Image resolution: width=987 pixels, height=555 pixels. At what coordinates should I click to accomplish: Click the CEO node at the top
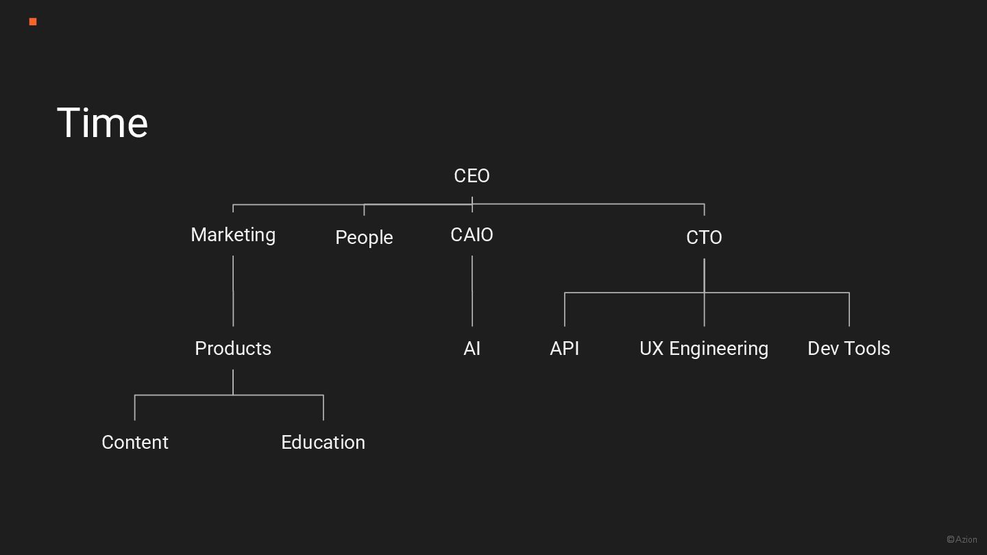472,176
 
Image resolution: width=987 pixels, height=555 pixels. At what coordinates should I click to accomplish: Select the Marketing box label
233,235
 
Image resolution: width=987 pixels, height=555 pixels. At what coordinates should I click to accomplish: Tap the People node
364,238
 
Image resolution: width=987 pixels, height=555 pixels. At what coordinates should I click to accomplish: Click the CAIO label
472,235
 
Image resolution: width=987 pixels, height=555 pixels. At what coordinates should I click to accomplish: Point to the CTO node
704,238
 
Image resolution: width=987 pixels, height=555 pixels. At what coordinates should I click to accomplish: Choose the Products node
233,349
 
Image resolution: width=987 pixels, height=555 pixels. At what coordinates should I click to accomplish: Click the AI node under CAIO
472,349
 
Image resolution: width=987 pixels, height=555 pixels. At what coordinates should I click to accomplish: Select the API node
564,349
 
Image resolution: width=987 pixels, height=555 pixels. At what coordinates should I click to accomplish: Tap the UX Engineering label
704,349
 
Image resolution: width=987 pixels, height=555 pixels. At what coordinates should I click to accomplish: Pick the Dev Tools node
849,349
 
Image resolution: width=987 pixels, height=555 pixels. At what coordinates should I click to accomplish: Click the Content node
135,443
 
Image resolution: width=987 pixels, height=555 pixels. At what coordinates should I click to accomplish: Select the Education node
323,443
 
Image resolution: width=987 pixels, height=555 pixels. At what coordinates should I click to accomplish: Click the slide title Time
103,123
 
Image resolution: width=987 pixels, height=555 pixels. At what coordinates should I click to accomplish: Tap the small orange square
33,22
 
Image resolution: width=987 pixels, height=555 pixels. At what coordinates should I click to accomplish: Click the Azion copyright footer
962,539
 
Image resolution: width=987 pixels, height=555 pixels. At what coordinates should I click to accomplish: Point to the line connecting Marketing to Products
233,291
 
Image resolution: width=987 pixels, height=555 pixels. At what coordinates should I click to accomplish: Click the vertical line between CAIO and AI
472,291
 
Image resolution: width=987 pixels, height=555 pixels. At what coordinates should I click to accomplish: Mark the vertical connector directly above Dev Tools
849,310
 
